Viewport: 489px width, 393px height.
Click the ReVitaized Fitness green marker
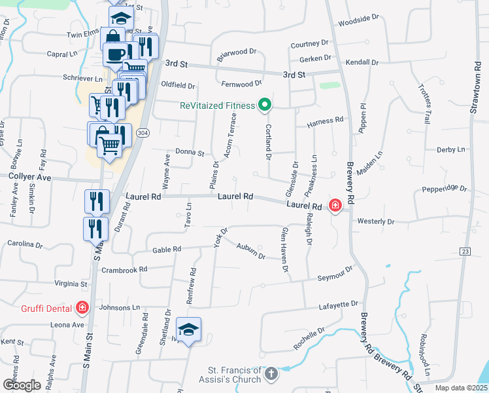point(265,105)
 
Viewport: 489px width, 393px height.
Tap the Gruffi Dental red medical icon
point(82,307)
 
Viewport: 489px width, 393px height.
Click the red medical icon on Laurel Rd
point(335,206)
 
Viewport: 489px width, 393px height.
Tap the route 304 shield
point(142,132)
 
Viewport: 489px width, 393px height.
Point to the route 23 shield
point(465,251)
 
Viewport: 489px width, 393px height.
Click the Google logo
point(21,385)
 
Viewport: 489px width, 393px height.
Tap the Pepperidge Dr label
point(445,188)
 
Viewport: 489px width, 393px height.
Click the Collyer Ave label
point(29,177)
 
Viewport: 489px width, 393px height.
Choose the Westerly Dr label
point(376,221)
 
